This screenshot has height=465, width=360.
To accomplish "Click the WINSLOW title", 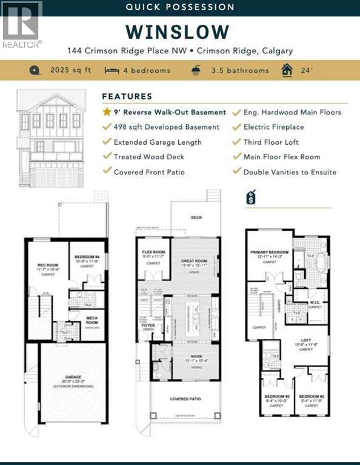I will [178, 31].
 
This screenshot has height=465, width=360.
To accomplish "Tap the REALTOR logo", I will [22, 24].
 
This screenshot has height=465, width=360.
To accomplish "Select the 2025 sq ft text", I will [70, 70].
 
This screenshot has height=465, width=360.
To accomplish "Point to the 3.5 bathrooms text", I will [239, 70].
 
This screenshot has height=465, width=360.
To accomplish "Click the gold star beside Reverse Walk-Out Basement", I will [107, 112].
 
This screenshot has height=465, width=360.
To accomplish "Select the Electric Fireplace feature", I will [273, 127].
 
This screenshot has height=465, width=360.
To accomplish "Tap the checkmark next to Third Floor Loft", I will [237, 142].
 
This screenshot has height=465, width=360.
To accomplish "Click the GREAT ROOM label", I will [194, 262].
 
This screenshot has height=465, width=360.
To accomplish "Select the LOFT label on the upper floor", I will [306, 340].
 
